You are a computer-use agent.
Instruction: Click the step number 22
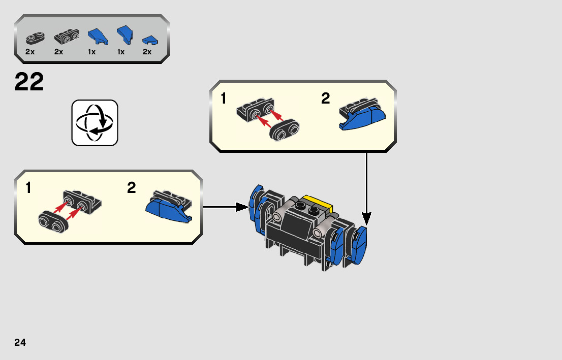click(x=29, y=82)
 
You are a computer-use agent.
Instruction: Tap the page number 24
click(x=20, y=342)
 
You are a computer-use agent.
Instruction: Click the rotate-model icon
click(x=95, y=122)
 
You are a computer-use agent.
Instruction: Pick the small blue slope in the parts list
click(x=148, y=39)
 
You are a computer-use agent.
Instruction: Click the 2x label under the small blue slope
click(x=147, y=52)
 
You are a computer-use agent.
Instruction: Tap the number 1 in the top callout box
click(x=224, y=99)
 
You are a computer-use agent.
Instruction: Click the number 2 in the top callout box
click(x=326, y=99)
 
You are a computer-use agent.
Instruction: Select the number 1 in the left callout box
click(x=28, y=188)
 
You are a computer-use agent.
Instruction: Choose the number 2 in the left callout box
click(x=132, y=188)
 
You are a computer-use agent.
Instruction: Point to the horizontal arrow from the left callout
click(x=224, y=207)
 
